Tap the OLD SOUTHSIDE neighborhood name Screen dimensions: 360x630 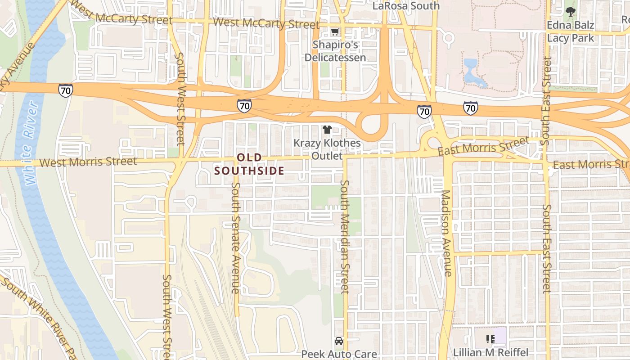[x=249, y=164]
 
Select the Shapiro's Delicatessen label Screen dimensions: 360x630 [x=335, y=51]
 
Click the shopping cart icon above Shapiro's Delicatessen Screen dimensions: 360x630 [x=335, y=31]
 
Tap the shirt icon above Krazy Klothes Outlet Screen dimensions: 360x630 [x=327, y=130]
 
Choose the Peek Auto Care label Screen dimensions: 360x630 [x=339, y=354]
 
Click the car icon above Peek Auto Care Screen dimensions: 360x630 [x=339, y=341]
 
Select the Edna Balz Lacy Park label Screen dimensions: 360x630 [x=571, y=31]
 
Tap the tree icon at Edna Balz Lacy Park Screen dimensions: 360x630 [x=571, y=11]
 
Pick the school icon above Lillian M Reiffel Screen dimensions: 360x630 [x=490, y=339]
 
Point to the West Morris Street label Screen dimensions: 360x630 [x=88, y=162]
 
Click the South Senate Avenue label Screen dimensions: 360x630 [x=236, y=238]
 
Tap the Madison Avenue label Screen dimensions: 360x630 [x=446, y=233]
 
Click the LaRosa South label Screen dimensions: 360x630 [x=406, y=6]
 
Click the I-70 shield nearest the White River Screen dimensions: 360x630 [x=65, y=90]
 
